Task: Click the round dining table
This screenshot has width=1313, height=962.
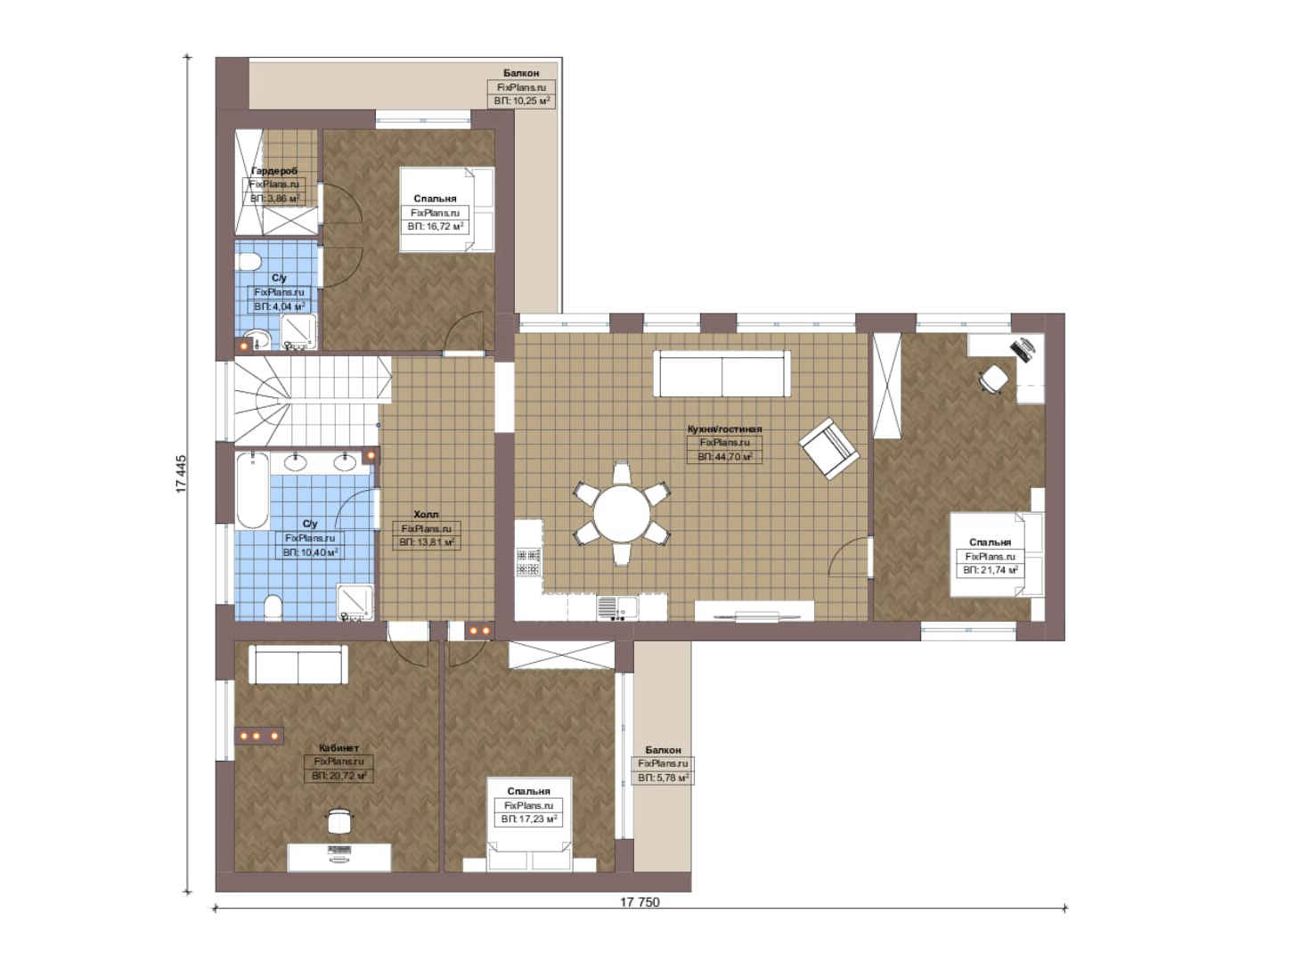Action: tap(622, 514)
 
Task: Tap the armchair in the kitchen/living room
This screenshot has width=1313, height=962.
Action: tap(828, 448)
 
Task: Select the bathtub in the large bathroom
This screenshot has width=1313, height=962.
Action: tap(253, 491)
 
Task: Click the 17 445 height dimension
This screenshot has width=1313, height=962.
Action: tap(181, 474)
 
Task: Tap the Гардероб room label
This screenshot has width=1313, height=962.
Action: tap(274, 171)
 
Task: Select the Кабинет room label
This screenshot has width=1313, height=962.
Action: tap(338, 748)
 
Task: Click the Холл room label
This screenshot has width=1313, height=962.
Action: tap(426, 514)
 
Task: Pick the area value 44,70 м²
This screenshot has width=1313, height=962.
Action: tap(725, 457)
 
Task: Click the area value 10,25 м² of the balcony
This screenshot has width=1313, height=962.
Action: tap(522, 101)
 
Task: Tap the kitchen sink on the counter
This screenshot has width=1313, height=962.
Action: tap(616, 608)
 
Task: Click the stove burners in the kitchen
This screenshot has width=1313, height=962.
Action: tap(528, 561)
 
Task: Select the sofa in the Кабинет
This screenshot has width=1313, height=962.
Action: tap(298, 664)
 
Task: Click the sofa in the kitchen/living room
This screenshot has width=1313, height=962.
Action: tap(722, 373)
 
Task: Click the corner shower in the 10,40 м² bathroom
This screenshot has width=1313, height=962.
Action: tap(355, 602)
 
